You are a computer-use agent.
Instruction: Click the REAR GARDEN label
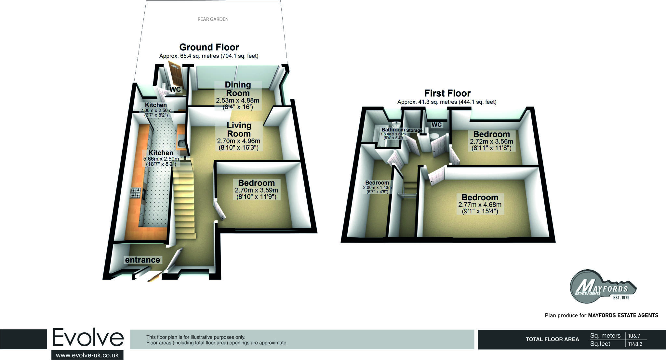point(213,19)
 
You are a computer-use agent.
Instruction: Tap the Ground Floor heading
point(209,47)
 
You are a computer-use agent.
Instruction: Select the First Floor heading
point(447,93)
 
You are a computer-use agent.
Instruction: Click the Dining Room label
point(238,89)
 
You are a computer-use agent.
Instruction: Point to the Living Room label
point(239,129)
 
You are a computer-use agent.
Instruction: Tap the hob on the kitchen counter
point(136,193)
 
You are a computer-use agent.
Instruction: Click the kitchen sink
point(181,143)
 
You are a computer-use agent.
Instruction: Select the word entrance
point(142,260)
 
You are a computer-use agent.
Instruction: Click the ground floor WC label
point(175,89)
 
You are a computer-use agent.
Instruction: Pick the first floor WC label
point(436,125)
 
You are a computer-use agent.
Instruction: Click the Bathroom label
point(393,130)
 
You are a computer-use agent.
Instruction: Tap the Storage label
point(414,130)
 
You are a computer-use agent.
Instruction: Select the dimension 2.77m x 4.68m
point(480,205)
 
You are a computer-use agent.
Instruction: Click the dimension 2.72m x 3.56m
point(491,141)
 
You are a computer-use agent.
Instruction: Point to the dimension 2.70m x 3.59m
point(256,190)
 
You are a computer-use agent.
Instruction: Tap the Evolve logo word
point(88,338)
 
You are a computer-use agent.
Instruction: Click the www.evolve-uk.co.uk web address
point(87,355)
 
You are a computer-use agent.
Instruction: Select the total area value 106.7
point(634,336)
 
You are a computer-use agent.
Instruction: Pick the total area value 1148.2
point(635,344)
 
